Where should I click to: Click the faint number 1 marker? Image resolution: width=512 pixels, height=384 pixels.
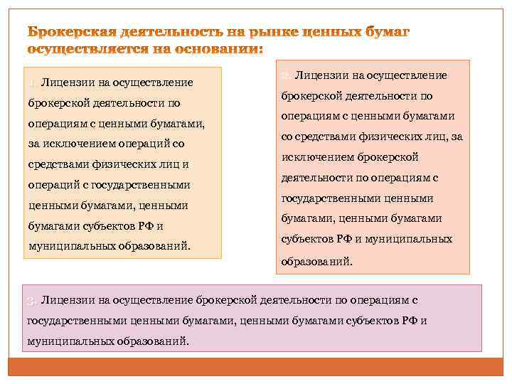(x=32, y=83)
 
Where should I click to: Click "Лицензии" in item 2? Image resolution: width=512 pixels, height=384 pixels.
(x=321, y=75)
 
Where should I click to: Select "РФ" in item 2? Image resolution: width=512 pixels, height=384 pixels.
(x=343, y=240)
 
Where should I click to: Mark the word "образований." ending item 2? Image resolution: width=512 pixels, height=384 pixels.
(x=316, y=261)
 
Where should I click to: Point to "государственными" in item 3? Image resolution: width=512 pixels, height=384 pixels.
(x=69, y=321)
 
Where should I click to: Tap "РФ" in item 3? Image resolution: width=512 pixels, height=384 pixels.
(x=410, y=321)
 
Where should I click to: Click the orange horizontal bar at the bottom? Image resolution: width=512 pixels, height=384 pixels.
(x=256, y=367)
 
